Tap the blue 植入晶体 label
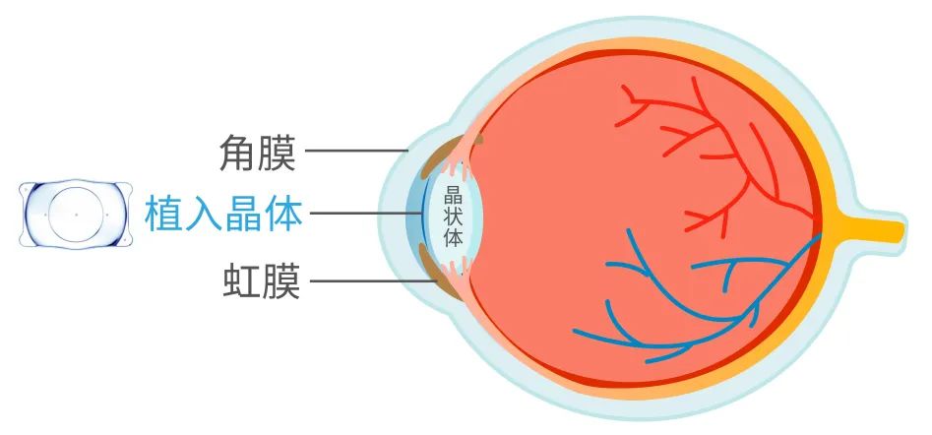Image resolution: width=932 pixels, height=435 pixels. (x=222, y=213)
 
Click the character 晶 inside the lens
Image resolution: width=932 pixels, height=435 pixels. (x=454, y=194)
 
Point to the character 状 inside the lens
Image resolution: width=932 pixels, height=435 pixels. (x=454, y=216)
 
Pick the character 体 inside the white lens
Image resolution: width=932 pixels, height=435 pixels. (x=454, y=237)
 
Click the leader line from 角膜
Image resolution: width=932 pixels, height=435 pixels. (x=357, y=152)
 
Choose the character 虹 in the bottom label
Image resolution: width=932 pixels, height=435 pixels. (x=240, y=284)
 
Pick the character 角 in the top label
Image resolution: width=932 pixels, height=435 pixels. (x=240, y=153)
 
